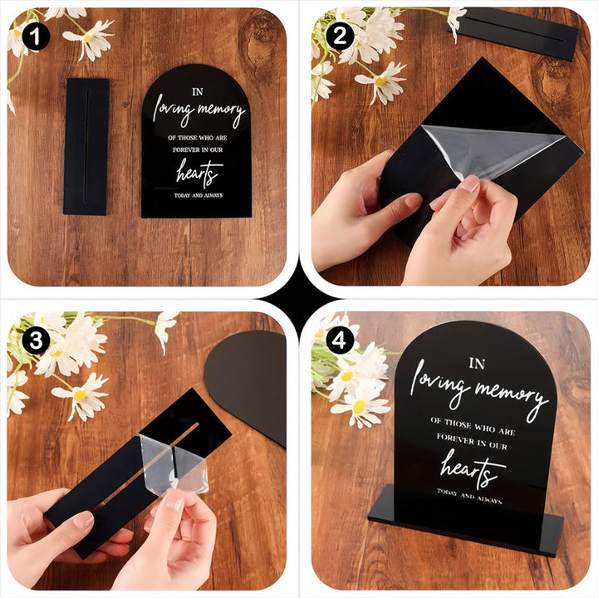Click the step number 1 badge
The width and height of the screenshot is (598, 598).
pos(36,37)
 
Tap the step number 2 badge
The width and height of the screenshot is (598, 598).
pos(340,37)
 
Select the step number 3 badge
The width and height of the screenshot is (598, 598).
pos(36,341)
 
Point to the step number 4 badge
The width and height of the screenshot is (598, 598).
pos(339,341)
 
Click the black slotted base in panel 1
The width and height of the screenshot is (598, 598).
pos(86,147)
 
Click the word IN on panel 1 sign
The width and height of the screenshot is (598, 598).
pos(198,92)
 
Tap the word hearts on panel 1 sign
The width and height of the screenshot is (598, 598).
pos(199,174)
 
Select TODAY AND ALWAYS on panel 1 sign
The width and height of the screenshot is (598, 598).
pos(199,195)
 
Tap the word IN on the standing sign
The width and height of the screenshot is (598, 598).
pos(477,364)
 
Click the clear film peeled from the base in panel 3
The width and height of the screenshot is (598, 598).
pos(174,463)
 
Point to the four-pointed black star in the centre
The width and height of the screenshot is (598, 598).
pos(299,299)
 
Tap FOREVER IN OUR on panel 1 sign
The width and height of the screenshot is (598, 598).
pos(198,149)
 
